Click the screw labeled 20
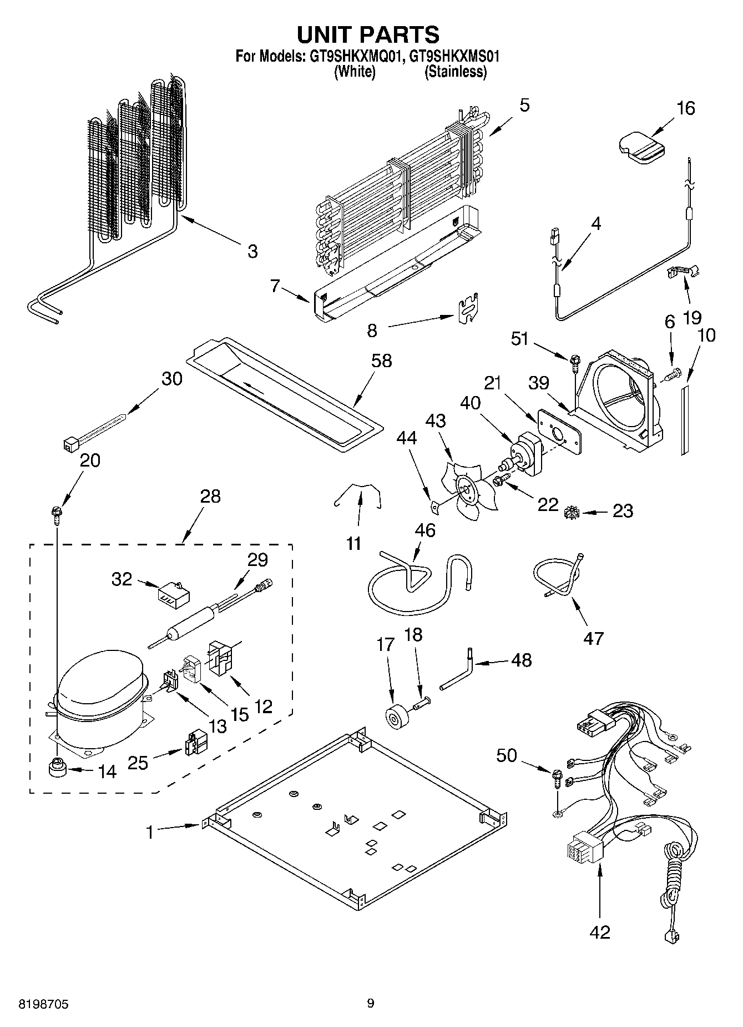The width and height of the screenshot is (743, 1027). (x=57, y=512)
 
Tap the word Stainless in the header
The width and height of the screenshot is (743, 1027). (x=456, y=72)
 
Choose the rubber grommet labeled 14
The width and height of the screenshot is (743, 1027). (x=57, y=769)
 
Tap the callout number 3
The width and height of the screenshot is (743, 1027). (x=252, y=251)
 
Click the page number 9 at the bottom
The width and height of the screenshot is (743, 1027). (x=371, y=1003)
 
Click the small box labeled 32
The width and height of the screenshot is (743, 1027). (x=172, y=595)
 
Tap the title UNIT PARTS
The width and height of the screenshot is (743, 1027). (x=368, y=34)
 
